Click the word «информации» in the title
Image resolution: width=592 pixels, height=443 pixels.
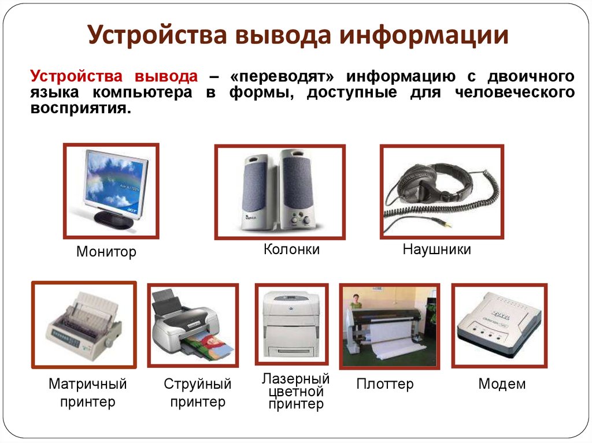pos(423,35)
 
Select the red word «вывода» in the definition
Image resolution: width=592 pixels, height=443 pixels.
pos(166,76)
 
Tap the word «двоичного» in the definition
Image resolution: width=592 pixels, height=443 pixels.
pos(531,76)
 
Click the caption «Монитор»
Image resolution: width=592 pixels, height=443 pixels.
pos(106,252)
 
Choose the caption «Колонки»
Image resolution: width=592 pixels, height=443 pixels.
pos(291,250)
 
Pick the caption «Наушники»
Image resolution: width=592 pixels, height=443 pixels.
pos(437,250)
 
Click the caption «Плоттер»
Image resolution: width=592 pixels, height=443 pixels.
pos(384,384)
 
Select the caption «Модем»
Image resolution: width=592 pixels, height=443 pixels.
pos(502,384)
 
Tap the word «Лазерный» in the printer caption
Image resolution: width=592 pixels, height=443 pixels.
pos(295,378)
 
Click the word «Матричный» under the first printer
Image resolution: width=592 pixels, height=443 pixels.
pos(88,384)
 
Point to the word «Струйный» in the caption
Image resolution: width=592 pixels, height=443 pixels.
pos(198,384)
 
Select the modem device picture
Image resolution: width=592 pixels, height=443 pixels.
pos(499,325)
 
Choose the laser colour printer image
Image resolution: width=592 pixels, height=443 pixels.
pos(291,324)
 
